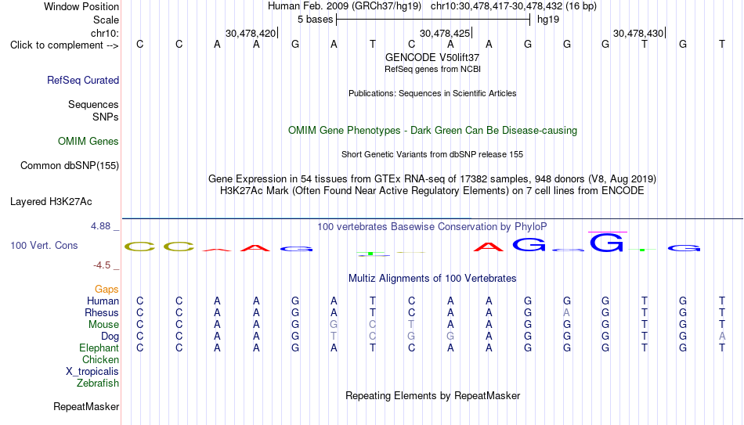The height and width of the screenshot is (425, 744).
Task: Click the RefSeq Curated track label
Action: point(83,80)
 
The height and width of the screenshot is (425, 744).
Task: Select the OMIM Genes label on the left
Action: point(88,142)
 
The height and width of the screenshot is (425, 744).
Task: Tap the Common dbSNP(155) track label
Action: point(70,166)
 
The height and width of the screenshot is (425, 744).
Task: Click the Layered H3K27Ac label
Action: point(51,202)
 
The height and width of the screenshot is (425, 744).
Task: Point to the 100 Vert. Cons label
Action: point(44,245)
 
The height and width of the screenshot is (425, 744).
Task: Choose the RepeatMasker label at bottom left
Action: point(86,406)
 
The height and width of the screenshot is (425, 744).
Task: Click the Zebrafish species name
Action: point(98,383)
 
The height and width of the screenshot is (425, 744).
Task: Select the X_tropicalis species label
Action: point(92,372)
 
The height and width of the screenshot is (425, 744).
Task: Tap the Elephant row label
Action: point(99,348)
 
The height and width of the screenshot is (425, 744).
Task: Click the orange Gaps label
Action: point(107,289)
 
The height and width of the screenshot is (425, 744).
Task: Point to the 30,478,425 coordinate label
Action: point(445,33)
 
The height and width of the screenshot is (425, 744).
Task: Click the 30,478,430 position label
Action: point(638,33)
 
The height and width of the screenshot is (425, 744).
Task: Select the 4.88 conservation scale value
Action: point(101,226)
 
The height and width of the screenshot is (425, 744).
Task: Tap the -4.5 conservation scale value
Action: point(102,265)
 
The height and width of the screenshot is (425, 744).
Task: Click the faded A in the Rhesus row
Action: point(566,312)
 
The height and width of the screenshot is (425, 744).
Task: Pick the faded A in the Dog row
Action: point(722,336)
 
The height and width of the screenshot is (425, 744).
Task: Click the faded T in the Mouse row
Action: point(411,325)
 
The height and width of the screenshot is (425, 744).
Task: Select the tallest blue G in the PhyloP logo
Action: point(606,243)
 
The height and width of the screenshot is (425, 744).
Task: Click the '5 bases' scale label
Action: point(315,20)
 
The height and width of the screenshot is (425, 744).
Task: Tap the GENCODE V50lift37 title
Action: point(432,57)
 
